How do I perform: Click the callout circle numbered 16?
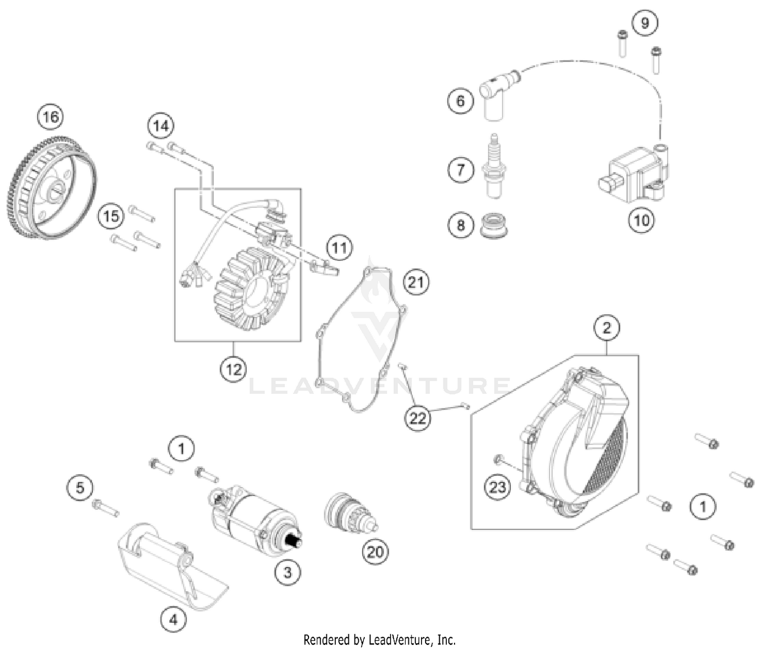51,117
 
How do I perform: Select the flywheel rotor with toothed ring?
53,190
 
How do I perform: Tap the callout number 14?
161,126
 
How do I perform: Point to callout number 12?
234,369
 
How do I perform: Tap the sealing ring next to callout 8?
493,226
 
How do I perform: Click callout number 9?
644,23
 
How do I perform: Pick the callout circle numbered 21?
416,282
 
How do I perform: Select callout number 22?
417,419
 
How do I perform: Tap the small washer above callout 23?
499,459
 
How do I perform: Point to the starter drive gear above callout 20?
350,514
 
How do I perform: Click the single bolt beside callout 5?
105,508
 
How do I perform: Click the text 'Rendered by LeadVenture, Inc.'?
379,639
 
